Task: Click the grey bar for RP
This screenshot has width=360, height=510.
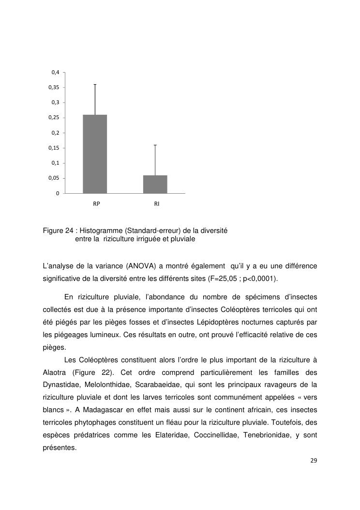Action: point(95,154)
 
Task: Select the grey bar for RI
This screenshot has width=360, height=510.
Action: point(155,185)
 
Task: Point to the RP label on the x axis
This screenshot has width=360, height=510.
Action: point(97,204)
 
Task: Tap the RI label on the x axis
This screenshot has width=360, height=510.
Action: point(157,204)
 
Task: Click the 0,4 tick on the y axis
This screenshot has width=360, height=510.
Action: point(55,72)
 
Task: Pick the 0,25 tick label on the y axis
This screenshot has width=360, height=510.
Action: point(54,118)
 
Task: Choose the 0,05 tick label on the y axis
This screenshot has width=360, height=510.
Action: point(54,178)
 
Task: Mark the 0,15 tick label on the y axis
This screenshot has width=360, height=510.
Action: point(54,148)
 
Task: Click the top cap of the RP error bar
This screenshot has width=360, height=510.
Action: point(95,84)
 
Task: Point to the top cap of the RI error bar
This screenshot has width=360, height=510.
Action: point(155,145)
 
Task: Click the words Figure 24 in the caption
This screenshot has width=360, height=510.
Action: point(59,231)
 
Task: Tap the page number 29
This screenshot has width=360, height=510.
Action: point(314,460)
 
